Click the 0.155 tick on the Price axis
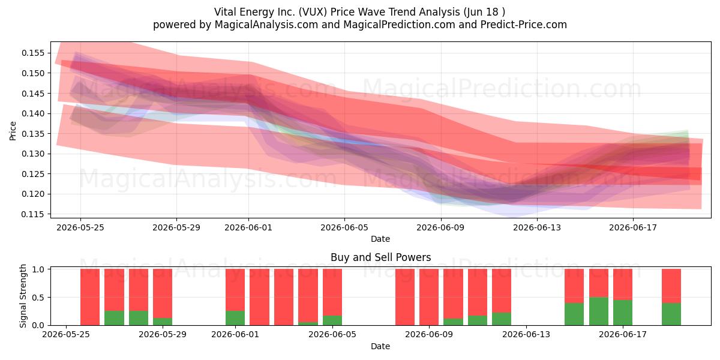[x=33, y=53]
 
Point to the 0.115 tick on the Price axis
[x=33, y=214]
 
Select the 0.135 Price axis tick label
[x=33, y=133]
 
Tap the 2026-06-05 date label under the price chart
[x=344, y=227]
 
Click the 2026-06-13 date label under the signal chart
[x=526, y=335]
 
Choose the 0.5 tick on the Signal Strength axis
[x=38, y=298]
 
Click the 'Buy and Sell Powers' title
[x=380, y=257]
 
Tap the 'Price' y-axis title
[x=13, y=131]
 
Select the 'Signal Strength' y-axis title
[x=23, y=296]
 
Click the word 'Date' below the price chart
[x=380, y=239]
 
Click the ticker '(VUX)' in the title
[x=313, y=12]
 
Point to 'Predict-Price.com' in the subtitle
[x=524, y=25]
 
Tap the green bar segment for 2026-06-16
[x=599, y=311]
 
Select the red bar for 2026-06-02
[x=259, y=297]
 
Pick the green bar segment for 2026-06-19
[x=671, y=314]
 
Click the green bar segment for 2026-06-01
[x=235, y=318]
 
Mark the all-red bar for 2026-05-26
[x=89, y=297]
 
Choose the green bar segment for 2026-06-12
[x=502, y=319]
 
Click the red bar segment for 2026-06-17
[x=623, y=284]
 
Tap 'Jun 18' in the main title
[x=481, y=12]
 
